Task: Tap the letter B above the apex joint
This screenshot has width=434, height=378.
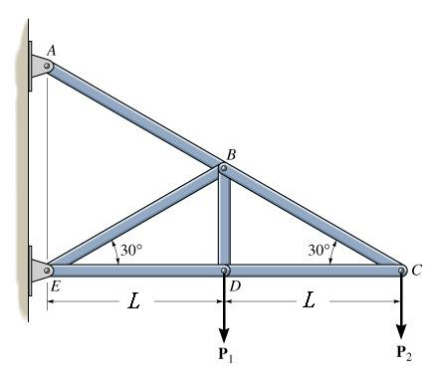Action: (x=231, y=153)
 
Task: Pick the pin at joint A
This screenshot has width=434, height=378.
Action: (x=45, y=67)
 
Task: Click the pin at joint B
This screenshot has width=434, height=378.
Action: (x=224, y=170)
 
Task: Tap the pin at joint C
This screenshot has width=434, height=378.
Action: (x=400, y=269)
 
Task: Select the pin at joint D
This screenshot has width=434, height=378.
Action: (x=224, y=269)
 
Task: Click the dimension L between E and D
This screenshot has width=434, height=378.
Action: (x=133, y=299)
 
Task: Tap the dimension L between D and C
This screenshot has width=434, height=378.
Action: (x=312, y=299)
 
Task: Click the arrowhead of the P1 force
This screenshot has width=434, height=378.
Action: (x=224, y=334)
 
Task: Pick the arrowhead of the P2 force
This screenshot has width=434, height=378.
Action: (x=401, y=334)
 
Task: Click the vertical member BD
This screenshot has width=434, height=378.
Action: (x=224, y=219)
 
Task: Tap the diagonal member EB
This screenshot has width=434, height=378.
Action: (x=134, y=219)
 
